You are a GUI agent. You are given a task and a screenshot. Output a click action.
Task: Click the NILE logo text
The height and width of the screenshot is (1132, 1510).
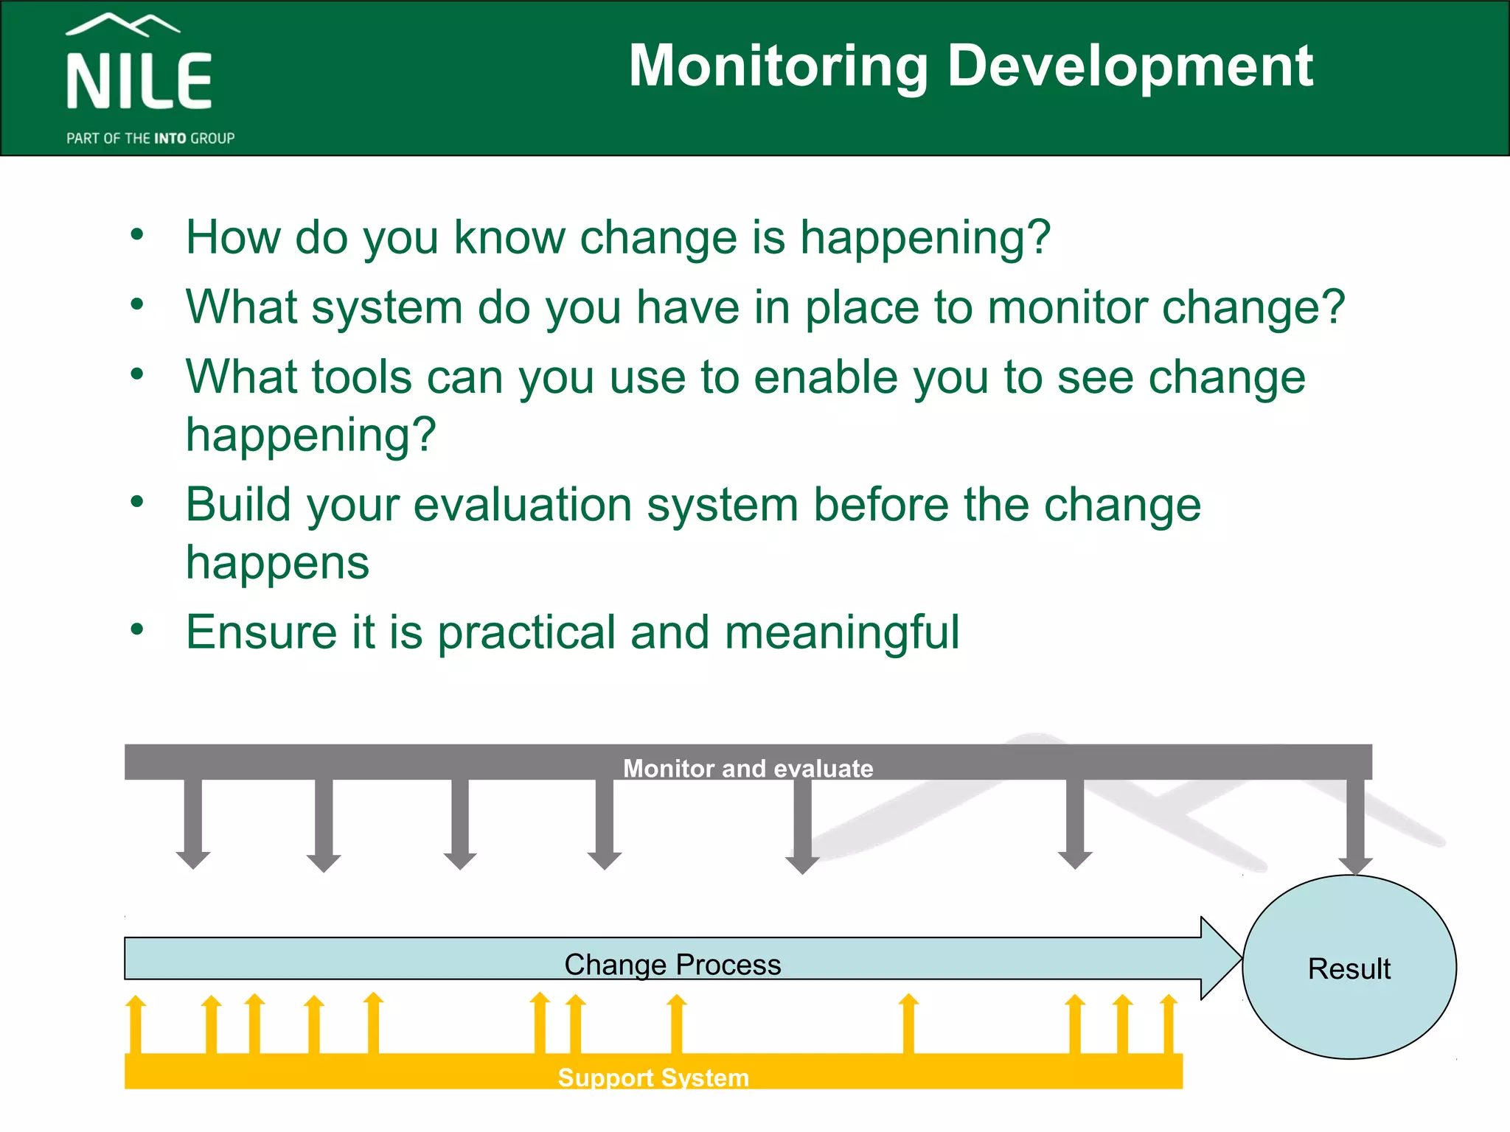pyautogui.click(x=139, y=81)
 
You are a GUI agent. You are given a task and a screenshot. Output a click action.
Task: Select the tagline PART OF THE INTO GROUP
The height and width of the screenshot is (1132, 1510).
pyautogui.click(x=150, y=139)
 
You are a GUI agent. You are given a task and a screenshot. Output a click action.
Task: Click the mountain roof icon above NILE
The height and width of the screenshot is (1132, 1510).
pyautogui.click(x=122, y=24)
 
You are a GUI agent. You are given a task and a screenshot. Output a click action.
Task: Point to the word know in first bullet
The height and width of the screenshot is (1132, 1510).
pyautogui.click(x=509, y=237)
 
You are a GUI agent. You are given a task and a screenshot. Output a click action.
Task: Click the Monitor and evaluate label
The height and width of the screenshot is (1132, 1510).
pyautogui.click(x=748, y=768)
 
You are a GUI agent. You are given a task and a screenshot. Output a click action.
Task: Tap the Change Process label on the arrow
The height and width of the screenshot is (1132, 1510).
pyautogui.click(x=672, y=964)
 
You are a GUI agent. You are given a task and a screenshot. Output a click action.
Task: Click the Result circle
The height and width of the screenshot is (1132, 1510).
pyautogui.click(x=1349, y=968)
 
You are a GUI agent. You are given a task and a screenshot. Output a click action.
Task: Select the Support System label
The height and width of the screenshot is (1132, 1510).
pyautogui.click(x=653, y=1077)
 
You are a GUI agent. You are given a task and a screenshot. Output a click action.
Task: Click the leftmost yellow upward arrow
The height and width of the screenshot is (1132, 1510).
pyautogui.click(x=136, y=1024)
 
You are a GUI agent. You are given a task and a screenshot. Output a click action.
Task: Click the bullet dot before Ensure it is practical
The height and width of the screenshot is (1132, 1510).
pyautogui.click(x=137, y=629)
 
